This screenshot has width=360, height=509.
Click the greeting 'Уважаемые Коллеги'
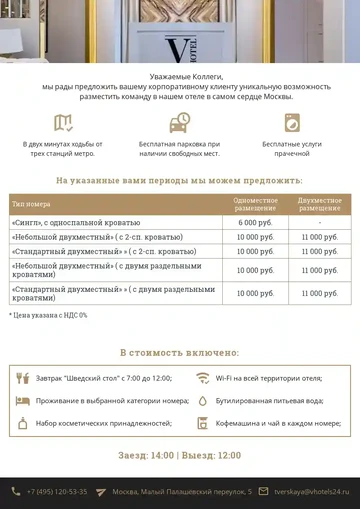coord(180,76)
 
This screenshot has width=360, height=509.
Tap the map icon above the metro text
coord(64,123)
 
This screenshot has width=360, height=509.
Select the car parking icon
coord(180,123)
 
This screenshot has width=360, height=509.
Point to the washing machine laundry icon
coord(293,123)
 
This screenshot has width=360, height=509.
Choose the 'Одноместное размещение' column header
coord(255,203)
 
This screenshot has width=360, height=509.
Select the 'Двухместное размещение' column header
coord(319,203)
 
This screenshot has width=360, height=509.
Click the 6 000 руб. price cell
coord(255,222)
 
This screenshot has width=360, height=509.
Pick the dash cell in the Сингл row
coord(319,222)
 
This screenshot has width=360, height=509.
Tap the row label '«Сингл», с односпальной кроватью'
coord(76,222)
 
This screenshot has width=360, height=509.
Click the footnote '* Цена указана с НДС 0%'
coord(48,315)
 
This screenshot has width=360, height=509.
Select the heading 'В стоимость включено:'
coord(180,352)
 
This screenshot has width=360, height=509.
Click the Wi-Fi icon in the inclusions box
coord(203,378)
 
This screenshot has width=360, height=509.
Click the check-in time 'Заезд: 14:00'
coord(146,455)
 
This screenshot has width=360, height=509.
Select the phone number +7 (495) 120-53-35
coord(57,491)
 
